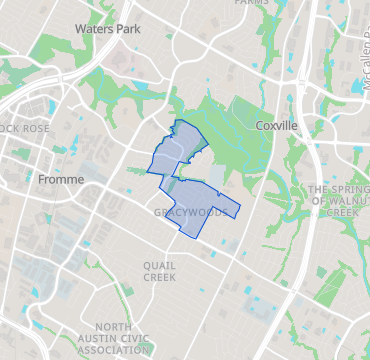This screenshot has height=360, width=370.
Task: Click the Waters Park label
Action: point(106,29)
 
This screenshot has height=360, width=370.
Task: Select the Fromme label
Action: point(60,179)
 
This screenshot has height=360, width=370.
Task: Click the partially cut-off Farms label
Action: point(252,3)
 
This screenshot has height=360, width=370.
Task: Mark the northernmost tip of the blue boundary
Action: point(179,120)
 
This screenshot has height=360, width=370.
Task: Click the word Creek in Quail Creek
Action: point(159,277)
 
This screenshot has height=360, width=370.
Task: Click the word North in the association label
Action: point(114,327)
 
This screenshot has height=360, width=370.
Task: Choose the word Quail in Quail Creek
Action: point(159,264)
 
